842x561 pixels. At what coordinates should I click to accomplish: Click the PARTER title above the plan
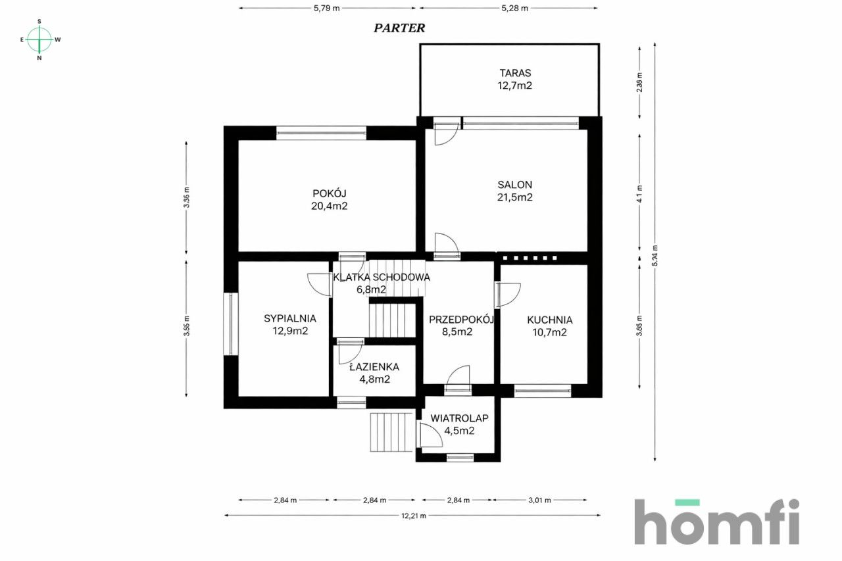click(399, 28)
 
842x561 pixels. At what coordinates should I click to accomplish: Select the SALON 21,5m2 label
click(515, 191)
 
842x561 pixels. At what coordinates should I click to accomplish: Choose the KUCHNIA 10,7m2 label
click(549, 326)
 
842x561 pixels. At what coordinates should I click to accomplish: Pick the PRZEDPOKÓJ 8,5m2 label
click(461, 326)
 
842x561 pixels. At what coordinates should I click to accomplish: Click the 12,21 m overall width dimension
click(414, 516)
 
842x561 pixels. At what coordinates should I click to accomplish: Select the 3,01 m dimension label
click(540, 500)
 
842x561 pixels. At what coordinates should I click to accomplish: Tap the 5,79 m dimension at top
click(327, 9)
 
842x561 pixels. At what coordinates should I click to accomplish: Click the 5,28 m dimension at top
click(514, 9)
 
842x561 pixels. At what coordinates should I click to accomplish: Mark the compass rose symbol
click(39, 39)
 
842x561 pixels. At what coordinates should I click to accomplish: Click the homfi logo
click(716, 522)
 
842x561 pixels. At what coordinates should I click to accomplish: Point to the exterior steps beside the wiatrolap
click(391, 432)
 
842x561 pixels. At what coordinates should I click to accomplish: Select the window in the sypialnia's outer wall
click(230, 324)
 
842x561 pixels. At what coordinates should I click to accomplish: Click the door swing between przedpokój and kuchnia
click(508, 295)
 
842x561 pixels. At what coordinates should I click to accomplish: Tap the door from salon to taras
click(447, 132)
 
